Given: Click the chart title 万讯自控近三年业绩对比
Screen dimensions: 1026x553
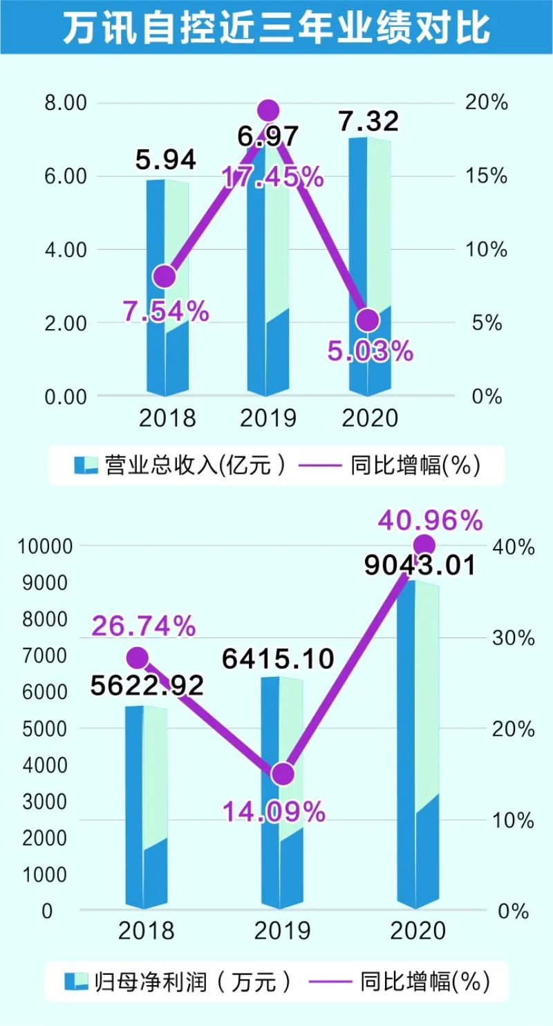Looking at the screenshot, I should coord(276,29).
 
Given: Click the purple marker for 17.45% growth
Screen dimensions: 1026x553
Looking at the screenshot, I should coord(268,111).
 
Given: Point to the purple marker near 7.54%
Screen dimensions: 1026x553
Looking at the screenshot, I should coord(165,277).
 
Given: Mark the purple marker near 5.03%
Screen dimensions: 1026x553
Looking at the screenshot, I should coord(368,320).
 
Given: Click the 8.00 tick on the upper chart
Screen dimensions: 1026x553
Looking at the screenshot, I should coord(66,104).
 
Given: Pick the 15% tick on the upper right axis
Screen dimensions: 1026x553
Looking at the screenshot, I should coord(487,177).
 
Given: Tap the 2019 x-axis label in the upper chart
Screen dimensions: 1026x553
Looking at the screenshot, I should coord(268,418).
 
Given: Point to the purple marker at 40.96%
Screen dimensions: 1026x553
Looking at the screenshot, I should coord(424,544).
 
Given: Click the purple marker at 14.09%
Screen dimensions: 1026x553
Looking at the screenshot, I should coord(282,774).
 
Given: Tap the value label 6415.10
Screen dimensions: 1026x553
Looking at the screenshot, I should coord(278,660).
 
